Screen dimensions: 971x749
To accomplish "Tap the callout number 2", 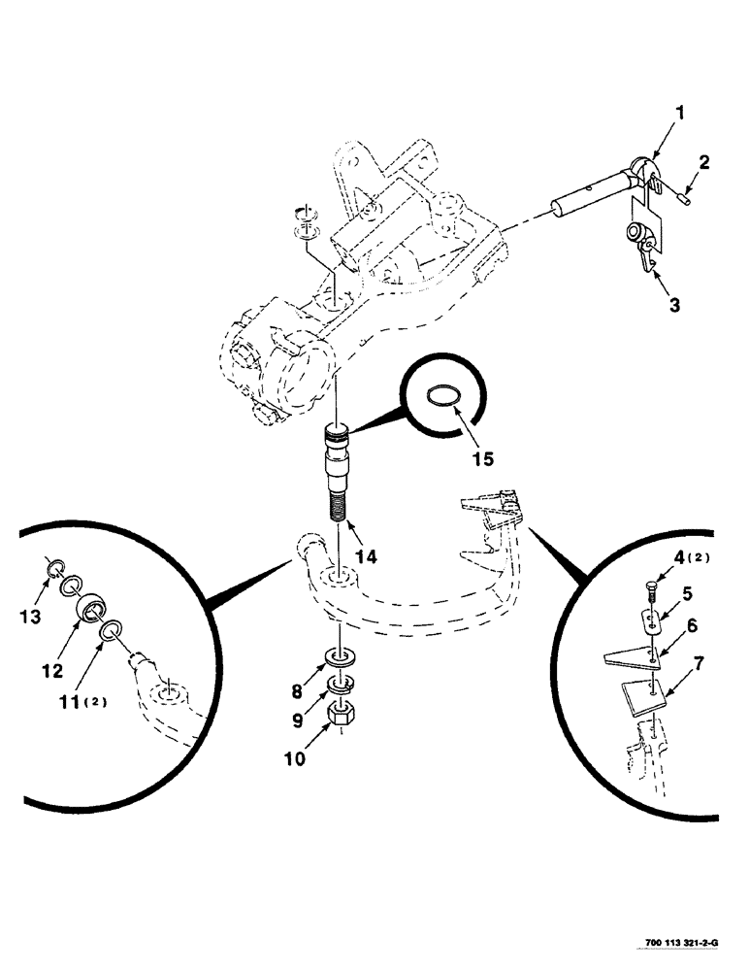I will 704,163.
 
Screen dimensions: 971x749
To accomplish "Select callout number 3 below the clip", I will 672,305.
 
